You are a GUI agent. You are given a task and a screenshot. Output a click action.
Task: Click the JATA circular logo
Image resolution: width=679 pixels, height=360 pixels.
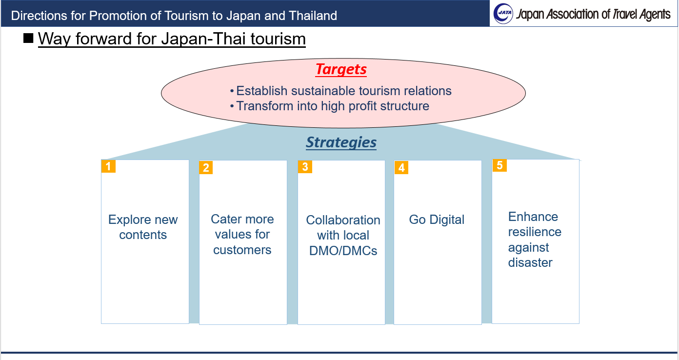tap(503, 14)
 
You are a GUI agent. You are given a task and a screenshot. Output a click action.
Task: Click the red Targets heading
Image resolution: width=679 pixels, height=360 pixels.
tap(341, 69)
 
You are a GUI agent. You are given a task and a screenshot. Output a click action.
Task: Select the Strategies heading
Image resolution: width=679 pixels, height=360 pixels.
tap(341, 142)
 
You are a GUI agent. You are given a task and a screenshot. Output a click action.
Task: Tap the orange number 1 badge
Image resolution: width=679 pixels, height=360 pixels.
tap(108, 166)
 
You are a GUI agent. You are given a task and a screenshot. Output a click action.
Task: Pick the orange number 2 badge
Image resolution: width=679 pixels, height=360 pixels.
tap(206, 168)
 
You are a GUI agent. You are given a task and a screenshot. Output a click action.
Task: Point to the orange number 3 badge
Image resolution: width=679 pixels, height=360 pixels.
tap(305, 167)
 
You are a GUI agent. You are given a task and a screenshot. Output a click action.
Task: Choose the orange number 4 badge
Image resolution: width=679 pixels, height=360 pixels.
tap(401, 168)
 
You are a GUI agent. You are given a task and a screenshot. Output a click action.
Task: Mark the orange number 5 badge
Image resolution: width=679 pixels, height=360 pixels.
tap(499, 165)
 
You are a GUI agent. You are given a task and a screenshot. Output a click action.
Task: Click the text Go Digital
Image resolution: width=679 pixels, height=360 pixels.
tap(437, 220)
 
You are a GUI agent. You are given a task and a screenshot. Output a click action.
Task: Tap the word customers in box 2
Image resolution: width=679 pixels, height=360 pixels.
tap(242, 250)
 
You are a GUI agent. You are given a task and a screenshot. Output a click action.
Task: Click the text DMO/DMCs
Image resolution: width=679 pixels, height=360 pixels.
tap(343, 251)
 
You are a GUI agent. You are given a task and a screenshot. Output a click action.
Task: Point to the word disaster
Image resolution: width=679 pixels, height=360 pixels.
tap(530, 262)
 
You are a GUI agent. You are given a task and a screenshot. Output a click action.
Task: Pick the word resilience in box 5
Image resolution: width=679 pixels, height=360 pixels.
tap(535, 232)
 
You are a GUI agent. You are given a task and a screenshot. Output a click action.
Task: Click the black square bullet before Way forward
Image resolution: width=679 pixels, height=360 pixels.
tap(28, 38)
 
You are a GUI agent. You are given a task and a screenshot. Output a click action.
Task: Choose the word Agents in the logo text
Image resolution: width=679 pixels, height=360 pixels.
tap(655, 15)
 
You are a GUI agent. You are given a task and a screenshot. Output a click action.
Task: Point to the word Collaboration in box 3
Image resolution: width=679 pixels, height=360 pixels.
tap(343, 220)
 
